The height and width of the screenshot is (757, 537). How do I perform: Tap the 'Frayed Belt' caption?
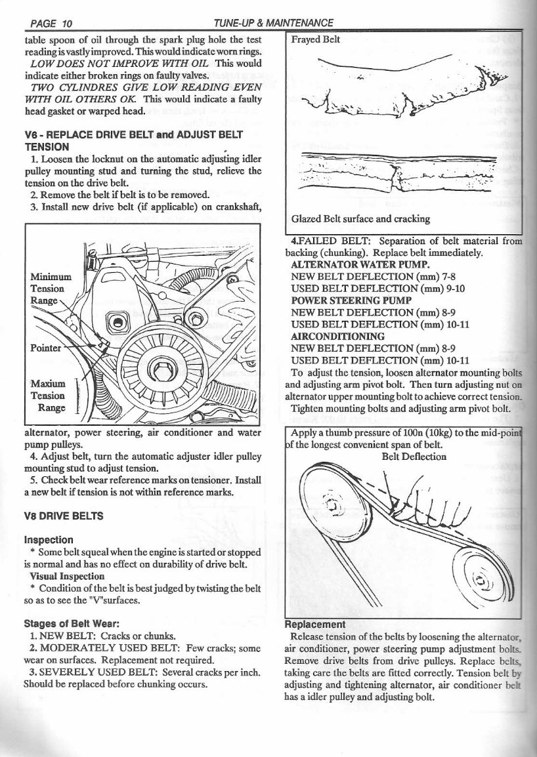pyautogui.click(x=316, y=39)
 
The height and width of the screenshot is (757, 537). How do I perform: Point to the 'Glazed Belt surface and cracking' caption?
pyautogui.click(x=360, y=218)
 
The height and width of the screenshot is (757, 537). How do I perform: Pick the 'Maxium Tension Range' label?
pyautogui.click(x=48, y=395)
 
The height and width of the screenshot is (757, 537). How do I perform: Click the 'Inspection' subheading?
pyautogui.click(x=48, y=540)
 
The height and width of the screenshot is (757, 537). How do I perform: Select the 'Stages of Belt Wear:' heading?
pyautogui.click(x=70, y=624)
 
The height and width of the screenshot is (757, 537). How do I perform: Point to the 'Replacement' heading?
pyautogui.click(x=313, y=624)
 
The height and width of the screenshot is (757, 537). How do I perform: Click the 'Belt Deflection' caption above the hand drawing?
pyautogui.click(x=414, y=457)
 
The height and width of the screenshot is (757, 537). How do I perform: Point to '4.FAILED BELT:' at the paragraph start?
pyautogui.click(x=324, y=240)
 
